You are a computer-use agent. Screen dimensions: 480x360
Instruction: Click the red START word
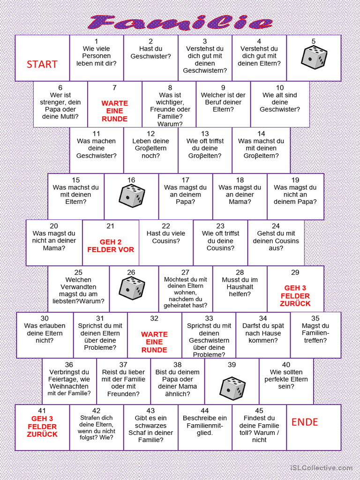point(42,64)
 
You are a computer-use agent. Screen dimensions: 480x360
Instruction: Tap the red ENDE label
point(305,422)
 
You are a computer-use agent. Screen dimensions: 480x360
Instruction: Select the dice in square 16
point(131,196)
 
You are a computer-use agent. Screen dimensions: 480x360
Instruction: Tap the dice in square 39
point(232,388)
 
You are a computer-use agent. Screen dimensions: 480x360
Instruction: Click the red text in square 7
point(114,111)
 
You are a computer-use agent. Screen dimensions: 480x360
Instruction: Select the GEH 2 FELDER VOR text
point(111,246)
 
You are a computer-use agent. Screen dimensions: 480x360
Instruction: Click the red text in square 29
point(295,296)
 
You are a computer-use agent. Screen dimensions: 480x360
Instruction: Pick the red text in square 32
point(154,342)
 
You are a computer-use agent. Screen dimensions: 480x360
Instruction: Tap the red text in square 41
point(42,427)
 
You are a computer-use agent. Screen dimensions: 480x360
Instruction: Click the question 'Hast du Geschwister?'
point(150,52)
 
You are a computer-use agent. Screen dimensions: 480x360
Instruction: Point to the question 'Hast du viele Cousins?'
point(166,237)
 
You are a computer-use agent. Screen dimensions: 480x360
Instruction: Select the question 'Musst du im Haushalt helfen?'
point(240,287)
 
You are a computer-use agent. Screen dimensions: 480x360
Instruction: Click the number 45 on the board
point(259,411)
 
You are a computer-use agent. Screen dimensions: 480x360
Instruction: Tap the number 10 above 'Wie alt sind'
point(280,88)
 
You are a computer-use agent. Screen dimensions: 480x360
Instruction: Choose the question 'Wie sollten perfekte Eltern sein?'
point(286,379)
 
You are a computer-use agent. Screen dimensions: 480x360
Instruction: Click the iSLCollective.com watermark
point(321,468)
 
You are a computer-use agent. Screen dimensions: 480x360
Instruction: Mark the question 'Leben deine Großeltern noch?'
point(150,148)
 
